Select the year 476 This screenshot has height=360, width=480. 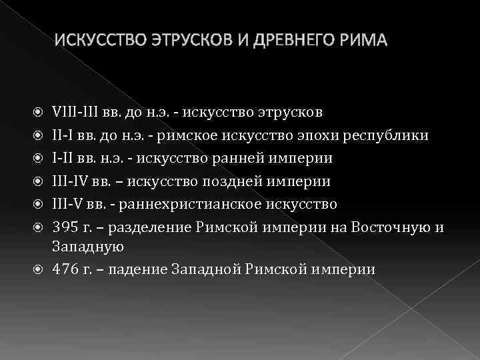(64, 269)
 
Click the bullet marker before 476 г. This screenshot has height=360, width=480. (39, 270)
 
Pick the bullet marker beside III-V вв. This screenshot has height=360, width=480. (39, 204)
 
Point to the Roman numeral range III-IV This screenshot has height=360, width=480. (69, 181)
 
